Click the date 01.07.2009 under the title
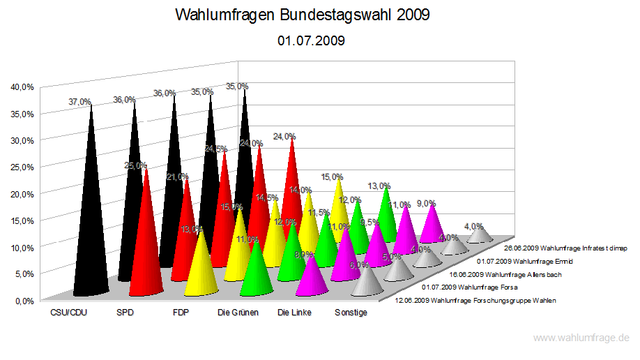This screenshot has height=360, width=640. click(x=311, y=41)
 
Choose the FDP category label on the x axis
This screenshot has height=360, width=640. click(x=181, y=313)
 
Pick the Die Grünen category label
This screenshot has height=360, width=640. click(x=238, y=313)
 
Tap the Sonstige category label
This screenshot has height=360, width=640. click(x=351, y=313)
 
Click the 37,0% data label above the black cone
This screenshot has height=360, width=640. click(x=79, y=102)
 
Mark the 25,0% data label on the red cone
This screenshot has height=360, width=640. click(x=135, y=165)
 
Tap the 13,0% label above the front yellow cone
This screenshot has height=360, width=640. click(x=192, y=229)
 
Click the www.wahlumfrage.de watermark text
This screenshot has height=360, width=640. click(x=581, y=338)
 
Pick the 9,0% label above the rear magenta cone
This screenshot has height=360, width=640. click(x=426, y=204)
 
